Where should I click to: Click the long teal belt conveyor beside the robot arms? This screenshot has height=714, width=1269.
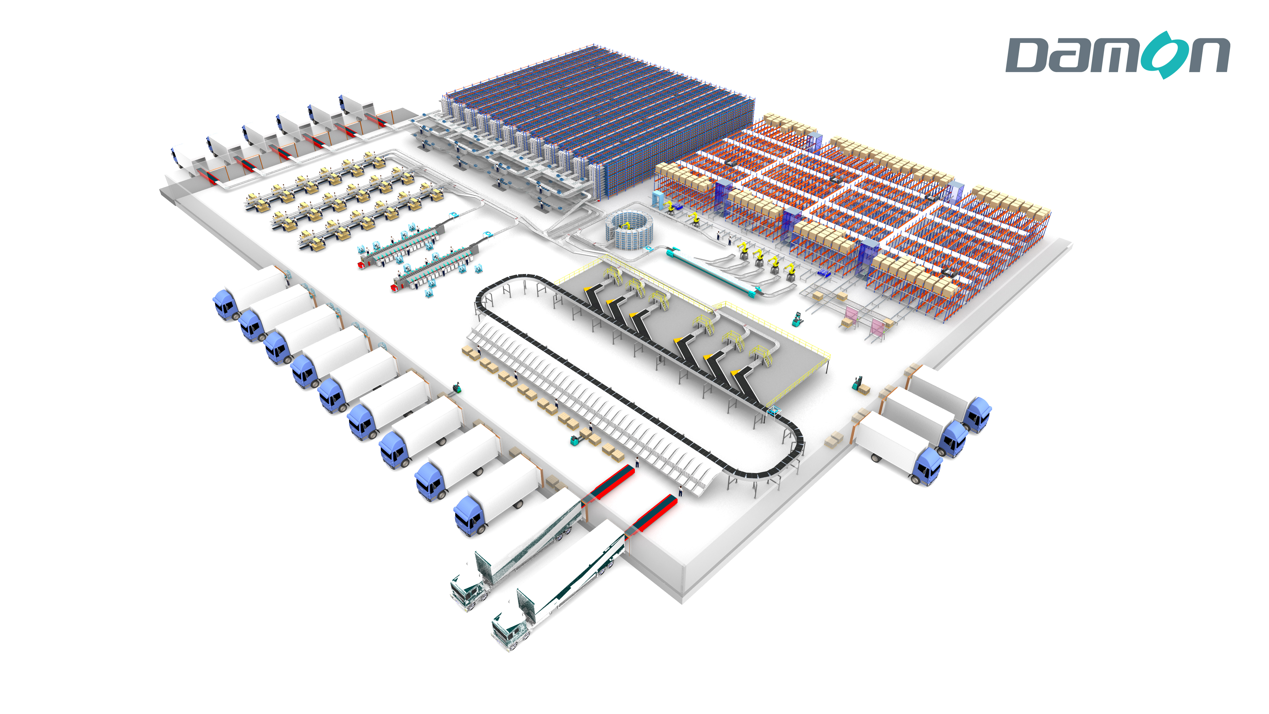tap(710, 273)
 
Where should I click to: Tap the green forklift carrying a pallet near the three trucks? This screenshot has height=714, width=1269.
tap(860, 384)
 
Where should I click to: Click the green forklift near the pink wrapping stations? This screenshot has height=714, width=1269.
tap(796, 319)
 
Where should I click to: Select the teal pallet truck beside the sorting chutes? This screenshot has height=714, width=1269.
tap(575, 439)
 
